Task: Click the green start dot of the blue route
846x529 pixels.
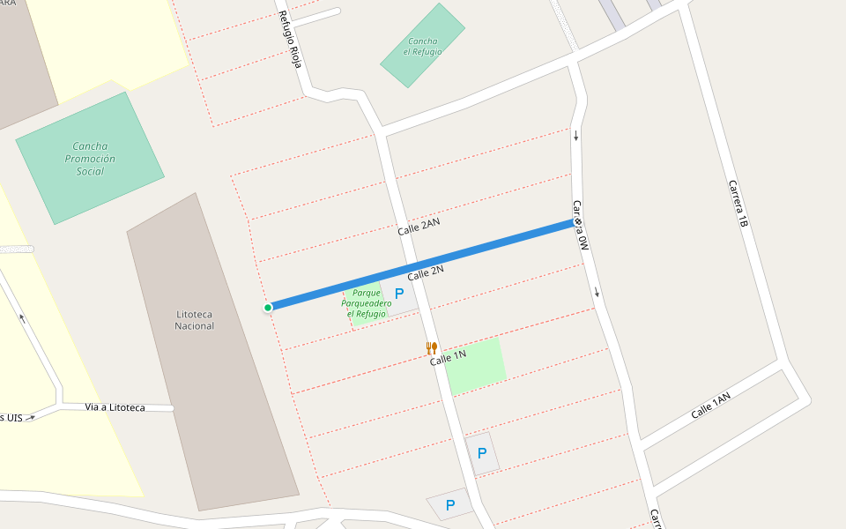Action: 267,307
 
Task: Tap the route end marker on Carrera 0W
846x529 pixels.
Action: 577,222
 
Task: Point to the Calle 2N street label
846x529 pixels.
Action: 426,273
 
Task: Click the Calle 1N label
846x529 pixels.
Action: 448,357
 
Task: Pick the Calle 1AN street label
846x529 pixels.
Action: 710,406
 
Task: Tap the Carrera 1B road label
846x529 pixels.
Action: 738,205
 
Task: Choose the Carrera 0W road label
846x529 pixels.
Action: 580,227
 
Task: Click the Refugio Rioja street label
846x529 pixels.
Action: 290,39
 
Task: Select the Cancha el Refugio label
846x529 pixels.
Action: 423,46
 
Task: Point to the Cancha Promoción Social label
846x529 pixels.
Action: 90,159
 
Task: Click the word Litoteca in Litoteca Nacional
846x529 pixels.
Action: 195,314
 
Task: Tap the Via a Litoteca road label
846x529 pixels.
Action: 115,407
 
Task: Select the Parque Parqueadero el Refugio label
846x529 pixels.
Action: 367,303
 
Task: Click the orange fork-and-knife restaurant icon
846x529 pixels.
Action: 431,347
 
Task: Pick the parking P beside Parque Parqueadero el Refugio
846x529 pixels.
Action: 399,294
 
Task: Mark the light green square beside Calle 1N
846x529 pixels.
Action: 476,365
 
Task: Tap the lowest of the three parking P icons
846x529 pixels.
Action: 450,505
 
